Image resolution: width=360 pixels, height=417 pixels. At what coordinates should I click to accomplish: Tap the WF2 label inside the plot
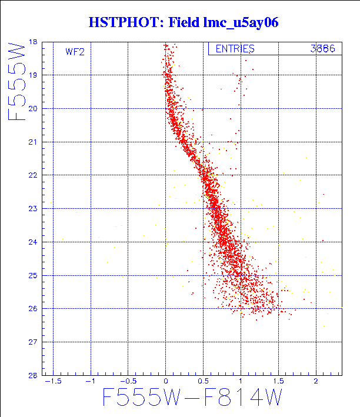tap(75, 52)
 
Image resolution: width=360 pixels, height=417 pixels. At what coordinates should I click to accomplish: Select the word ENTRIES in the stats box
tap(235, 49)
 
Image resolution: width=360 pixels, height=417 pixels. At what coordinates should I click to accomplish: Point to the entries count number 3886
tap(323, 49)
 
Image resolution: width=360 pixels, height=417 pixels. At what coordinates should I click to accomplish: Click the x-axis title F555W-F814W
tap(192, 399)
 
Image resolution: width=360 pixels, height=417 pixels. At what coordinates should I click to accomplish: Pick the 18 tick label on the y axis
tap(32, 42)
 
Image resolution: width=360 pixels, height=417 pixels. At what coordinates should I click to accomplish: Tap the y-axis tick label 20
tap(32, 109)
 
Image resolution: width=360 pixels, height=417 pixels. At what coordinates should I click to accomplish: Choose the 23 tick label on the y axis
tap(32, 209)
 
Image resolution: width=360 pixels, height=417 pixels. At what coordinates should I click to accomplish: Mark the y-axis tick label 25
tap(32, 275)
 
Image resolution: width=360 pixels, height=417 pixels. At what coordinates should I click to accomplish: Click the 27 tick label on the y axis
tap(32, 342)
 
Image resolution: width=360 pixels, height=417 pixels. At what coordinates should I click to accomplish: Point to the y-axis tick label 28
tap(32, 375)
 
